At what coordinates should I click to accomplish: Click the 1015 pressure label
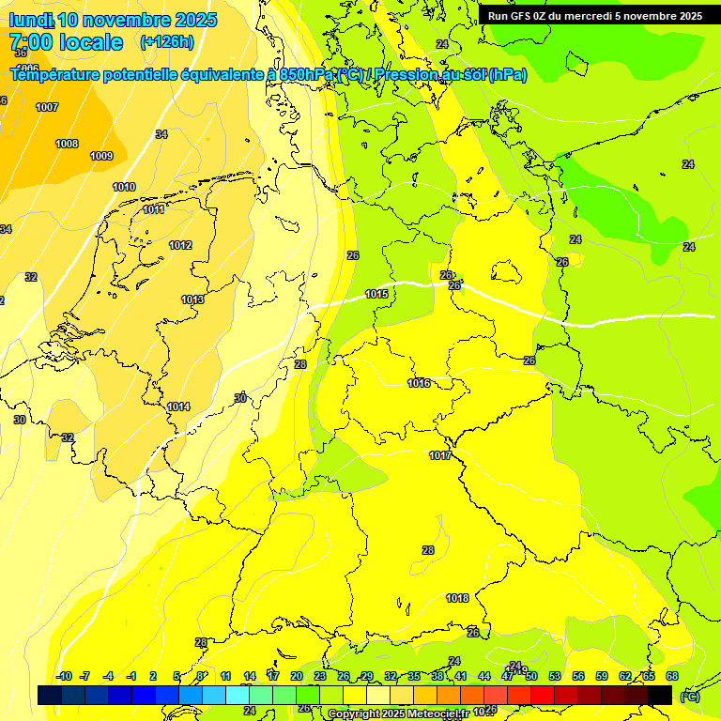click(x=376, y=295)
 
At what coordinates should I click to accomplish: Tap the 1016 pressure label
click(x=419, y=383)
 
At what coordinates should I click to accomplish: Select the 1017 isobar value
click(x=440, y=455)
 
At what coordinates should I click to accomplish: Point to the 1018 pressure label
click(x=457, y=598)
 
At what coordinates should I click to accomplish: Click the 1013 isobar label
click(x=192, y=299)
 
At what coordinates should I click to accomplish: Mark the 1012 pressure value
click(x=180, y=245)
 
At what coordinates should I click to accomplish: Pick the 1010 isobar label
click(x=124, y=187)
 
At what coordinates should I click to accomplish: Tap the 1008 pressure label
click(x=67, y=144)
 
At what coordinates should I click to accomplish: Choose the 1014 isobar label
click(x=178, y=407)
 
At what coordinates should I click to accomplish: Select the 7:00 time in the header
click(x=33, y=42)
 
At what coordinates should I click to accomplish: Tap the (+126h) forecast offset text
click(x=166, y=42)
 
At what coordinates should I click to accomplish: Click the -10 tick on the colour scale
click(x=64, y=676)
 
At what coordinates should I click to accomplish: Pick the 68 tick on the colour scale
click(x=672, y=676)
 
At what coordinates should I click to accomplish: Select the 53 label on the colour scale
click(x=555, y=676)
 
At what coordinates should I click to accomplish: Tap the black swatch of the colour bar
click(x=660, y=695)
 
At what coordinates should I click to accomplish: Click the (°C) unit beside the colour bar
click(x=689, y=697)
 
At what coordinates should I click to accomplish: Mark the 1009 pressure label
click(x=101, y=156)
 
